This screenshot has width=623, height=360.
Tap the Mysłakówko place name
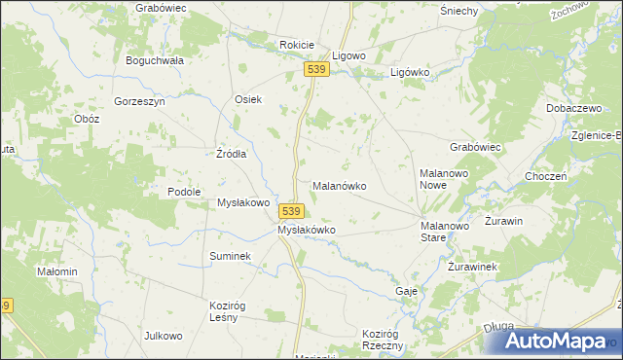pos(307,230)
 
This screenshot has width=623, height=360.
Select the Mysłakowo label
pos(242,203)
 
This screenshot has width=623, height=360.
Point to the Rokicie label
pos(297,45)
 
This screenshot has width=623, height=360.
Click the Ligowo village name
pos(348,56)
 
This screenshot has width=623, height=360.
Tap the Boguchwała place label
pos(155,59)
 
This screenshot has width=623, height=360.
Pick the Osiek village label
pos(248,99)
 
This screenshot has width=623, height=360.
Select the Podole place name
pos(184,192)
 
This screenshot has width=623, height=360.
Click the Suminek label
pos(231,256)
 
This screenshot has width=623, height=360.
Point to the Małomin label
pos(56,271)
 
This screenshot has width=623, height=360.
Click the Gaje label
pos(407,291)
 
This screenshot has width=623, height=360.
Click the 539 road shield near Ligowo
pos(314,70)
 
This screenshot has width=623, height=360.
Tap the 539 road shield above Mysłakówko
pos(291,210)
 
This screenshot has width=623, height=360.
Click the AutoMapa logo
pos(555,341)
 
